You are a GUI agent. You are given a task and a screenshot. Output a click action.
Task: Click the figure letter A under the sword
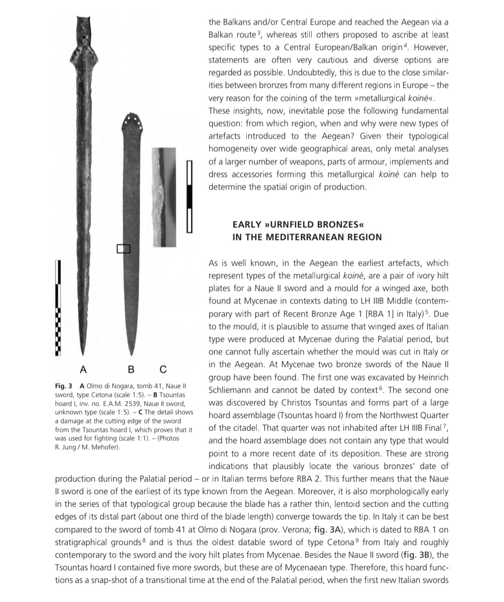(x=83, y=369)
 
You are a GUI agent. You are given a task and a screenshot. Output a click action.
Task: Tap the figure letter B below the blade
(x=131, y=369)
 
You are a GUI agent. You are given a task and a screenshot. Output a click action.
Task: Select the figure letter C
(x=162, y=369)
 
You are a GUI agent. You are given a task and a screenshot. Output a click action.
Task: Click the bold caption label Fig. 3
(x=63, y=386)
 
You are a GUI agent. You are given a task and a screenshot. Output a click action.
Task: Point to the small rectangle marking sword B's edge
(x=122, y=248)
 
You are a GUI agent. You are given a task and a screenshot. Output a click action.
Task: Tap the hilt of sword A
(x=84, y=37)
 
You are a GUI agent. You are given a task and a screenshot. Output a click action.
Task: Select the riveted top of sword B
(x=131, y=122)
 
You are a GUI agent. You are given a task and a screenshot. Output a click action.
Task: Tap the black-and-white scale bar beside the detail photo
(x=189, y=196)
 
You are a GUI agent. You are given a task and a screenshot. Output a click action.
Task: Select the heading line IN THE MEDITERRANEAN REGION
(x=307, y=237)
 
